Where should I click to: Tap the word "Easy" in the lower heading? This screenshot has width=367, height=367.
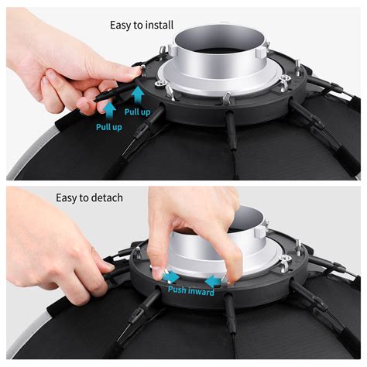69,198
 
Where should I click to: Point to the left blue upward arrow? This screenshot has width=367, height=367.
111,108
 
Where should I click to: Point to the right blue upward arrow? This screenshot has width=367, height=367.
138,94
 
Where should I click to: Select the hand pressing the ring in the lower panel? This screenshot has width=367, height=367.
190,228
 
